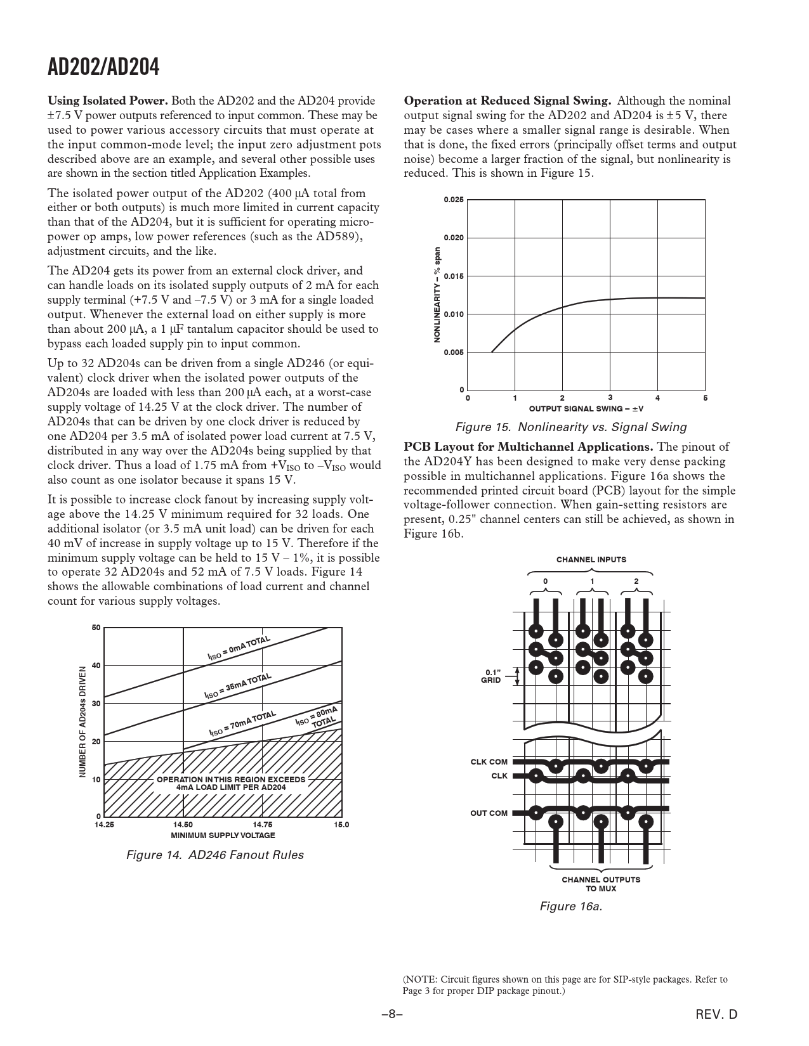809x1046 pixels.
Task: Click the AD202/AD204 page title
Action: click(x=103, y=67)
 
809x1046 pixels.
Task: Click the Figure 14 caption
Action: click(x=214, y=855)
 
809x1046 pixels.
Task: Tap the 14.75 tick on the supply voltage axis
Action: click(x=262, y=824)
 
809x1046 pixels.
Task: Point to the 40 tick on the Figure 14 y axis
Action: click(x=96, y=666)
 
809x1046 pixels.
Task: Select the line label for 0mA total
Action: click(x=239, y=648)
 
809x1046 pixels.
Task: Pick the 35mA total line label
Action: click(x=237, y=686)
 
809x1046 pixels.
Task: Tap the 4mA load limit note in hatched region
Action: click(x=231, y=784)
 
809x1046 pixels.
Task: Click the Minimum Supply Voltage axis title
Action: click(x=223, y=835)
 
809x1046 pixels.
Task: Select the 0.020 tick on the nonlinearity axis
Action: click(x=453, y=238)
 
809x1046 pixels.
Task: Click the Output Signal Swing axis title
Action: click(x=586, y=409)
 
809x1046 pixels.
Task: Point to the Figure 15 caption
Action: click(x=570, y=427)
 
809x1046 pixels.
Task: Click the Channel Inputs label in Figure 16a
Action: click(x=591, y=560)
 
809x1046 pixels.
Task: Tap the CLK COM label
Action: click(x=489, y=762)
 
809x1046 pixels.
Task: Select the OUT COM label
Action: click(x=489, y=813)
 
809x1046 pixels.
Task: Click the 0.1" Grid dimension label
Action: click(x=491, y=676)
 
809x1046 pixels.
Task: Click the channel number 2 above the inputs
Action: click(x=636, y=581)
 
